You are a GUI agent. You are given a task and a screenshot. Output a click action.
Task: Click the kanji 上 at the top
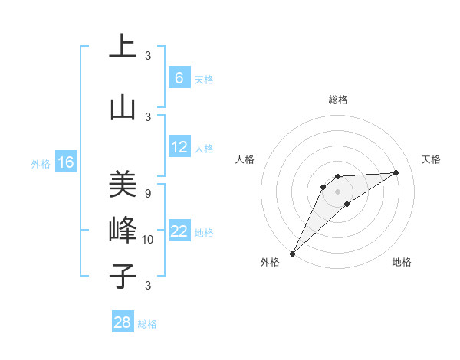[x=122, y=47]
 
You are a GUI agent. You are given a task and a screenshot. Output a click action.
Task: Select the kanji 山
[x=122, y=108]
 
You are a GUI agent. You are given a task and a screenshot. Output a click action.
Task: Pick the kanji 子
[x=122, y=277]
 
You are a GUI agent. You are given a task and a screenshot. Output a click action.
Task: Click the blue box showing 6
[x=179, y=78]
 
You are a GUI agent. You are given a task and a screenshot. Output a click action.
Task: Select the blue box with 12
[x=179, y=147]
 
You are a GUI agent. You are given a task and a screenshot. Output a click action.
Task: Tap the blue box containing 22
[x=179, y=231]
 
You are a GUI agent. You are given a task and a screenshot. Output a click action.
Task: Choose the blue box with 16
[x=65, y=162]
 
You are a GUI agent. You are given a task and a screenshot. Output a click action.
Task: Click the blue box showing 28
[x=123, y=322]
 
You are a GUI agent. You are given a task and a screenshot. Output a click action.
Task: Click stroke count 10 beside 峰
[x=148, y=240]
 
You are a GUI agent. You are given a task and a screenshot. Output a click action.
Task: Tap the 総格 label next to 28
[x=148, y=324]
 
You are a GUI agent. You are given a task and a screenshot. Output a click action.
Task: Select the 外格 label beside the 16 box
[x=41, y=163]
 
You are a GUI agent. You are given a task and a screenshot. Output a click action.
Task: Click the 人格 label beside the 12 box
[x=204, y=148]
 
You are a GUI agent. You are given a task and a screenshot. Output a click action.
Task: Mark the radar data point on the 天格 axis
[x=396, y=172]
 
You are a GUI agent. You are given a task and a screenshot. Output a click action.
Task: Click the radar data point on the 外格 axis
[x=292, y=253]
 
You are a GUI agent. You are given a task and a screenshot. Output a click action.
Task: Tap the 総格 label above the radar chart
[x=338, y=100]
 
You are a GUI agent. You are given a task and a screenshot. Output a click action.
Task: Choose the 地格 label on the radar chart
[x=402, y=263]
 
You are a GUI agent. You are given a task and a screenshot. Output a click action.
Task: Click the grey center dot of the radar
[x=338, y=191]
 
